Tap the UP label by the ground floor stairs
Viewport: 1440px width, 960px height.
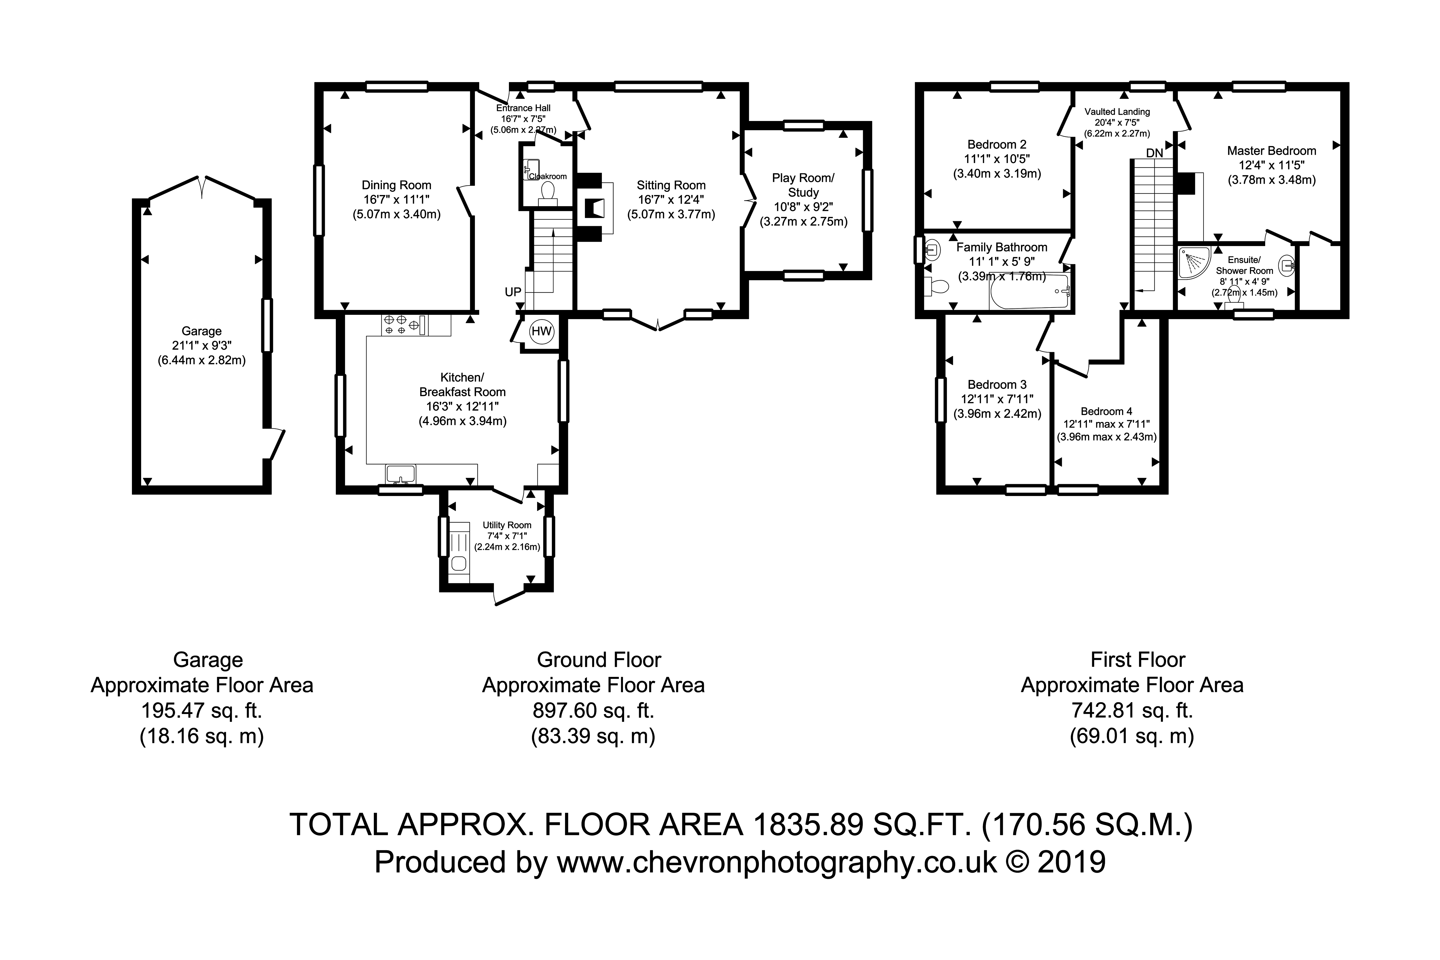[x=513, y=292]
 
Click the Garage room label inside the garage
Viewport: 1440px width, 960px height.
[x=201, y=331]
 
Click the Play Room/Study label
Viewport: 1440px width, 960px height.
[x=803, y=185]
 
